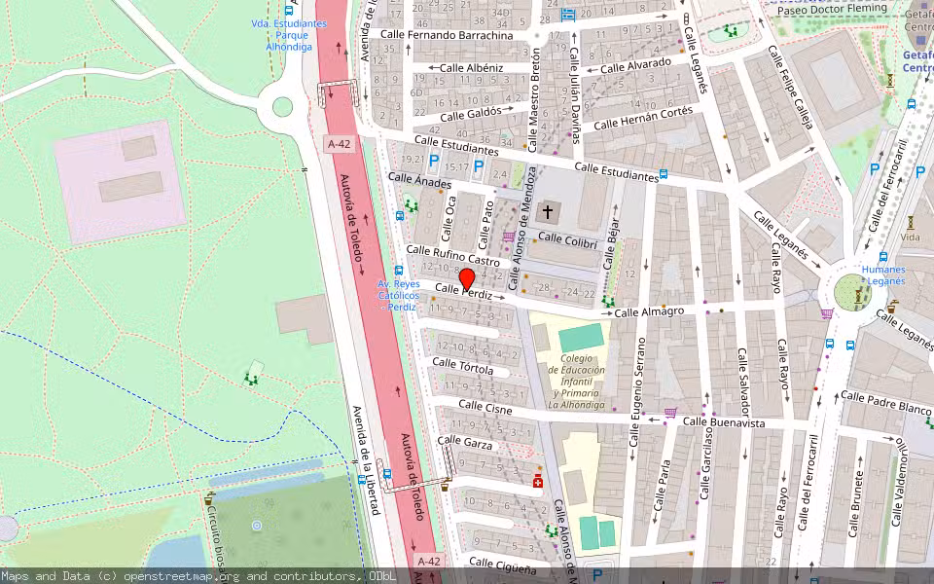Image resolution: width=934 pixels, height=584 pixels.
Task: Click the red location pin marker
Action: pos(466,279)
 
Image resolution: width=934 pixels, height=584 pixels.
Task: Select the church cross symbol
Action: pos(548,211)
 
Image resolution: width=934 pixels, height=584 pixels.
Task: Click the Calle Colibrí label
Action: pos(565,238)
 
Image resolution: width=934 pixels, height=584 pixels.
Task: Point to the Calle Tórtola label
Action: pos(462,367)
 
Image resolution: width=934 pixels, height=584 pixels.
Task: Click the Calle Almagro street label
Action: pos(649,311)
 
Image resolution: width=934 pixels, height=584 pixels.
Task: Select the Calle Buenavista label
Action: pos(723,422)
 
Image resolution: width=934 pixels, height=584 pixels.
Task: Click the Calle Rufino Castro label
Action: pos(452,256)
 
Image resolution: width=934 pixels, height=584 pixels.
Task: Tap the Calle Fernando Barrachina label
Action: pos(447,35)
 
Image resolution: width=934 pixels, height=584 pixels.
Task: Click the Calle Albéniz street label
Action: pos(472,68)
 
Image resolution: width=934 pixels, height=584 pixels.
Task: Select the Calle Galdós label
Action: pos(471,114)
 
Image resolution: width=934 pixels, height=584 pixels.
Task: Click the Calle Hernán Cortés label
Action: pos(643,118)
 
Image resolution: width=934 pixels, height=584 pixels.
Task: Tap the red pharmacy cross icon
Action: pos(538,482)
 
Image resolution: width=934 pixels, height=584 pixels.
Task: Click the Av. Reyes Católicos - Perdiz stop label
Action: pos(398,295)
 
